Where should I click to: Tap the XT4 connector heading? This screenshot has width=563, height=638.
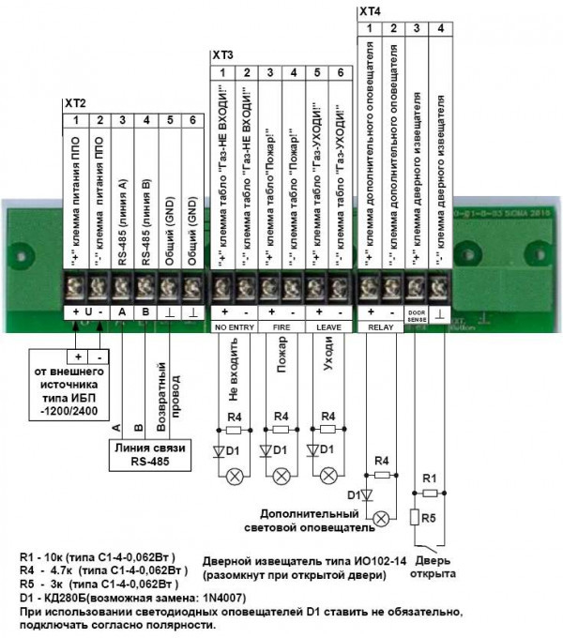pos(371,11)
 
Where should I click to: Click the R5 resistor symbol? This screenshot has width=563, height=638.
pos(415,516)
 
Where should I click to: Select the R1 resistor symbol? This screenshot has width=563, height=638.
pos(431,493)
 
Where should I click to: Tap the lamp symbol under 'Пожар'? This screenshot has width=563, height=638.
pos(280,476)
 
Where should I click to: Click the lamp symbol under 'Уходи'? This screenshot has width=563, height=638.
pos(328,476)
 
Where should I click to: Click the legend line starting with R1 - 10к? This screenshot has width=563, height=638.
pos(103,558)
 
